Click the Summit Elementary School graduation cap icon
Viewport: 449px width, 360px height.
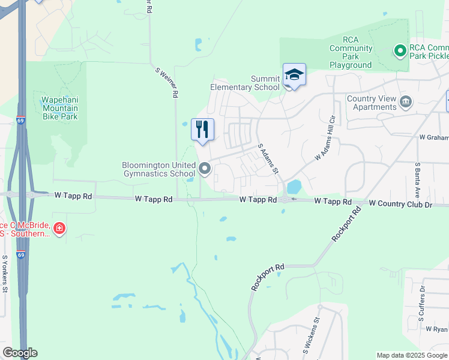coord(294,75)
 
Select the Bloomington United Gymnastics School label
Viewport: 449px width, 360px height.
coord(159,169)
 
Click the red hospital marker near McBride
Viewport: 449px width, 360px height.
coord(59,228)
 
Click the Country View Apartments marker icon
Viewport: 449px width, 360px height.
coord(406,102)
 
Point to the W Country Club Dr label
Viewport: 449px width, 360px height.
coord(400,204)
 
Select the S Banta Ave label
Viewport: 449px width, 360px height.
coord(418,178)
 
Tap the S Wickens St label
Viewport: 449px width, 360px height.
coord(313,338)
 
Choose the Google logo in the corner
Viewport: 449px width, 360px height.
coord(19,353)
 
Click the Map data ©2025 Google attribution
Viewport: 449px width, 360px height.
coord(412,355)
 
